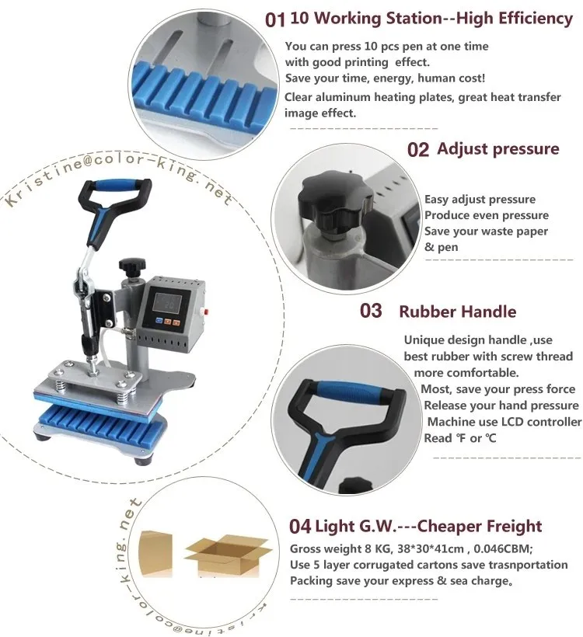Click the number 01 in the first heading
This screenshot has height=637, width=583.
pyautogui.click(x=275, y=19)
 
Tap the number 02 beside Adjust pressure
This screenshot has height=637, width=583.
pyautogui.click(x=417, y=149)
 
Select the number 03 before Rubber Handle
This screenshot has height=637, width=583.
pyautogui.click(x=371, y=312)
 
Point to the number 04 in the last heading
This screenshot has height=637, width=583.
pyautogui.click(x=300, y=526)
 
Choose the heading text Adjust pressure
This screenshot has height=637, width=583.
pyautogui.click(x=497, y=148)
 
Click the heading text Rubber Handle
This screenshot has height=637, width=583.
pyautogui.click(x=457, y=312)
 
